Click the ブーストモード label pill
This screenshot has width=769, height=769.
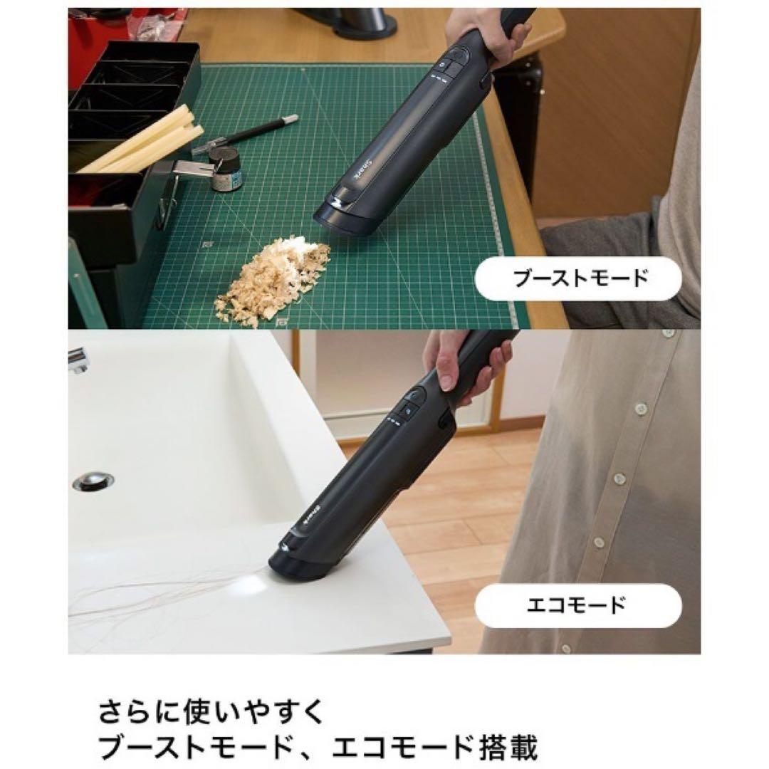(x=577, y=277)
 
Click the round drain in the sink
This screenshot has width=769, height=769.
(x=93, y=481)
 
